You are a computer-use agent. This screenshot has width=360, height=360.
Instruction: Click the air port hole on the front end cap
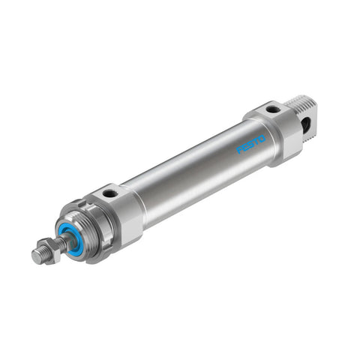[x=110, y=193]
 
